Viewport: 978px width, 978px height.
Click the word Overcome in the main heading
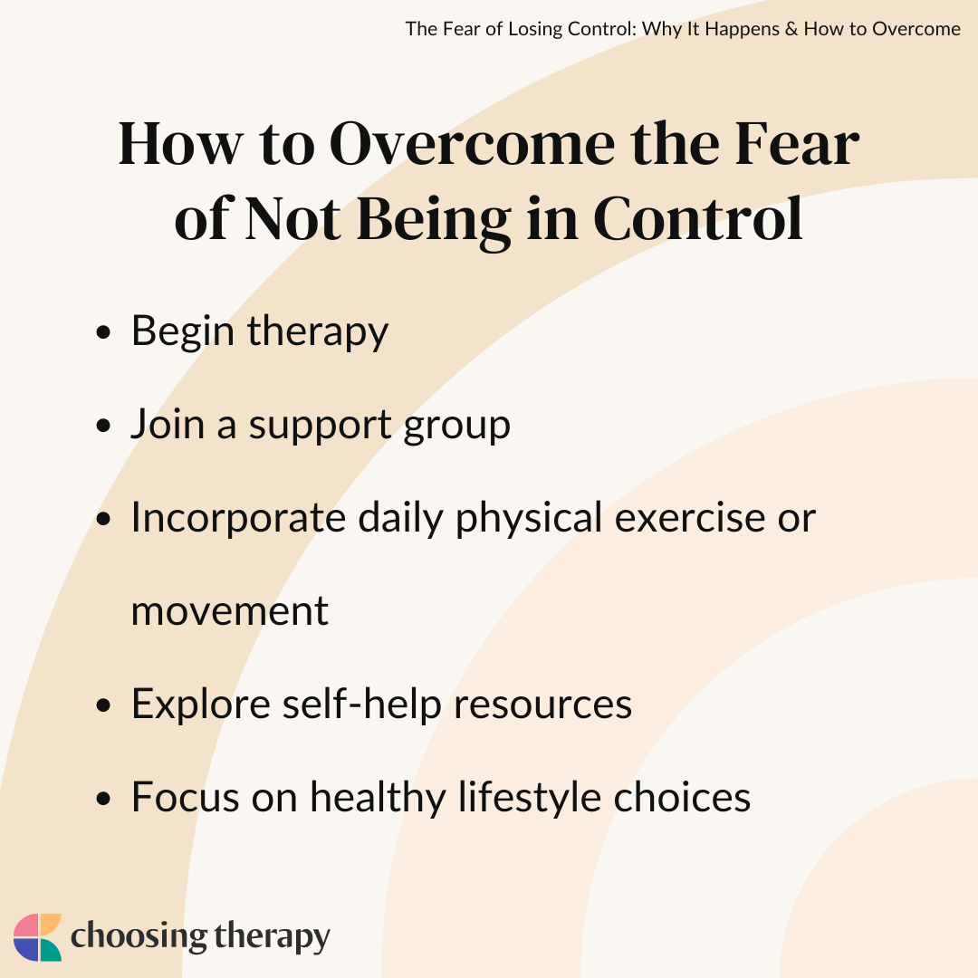(x=472, y=145)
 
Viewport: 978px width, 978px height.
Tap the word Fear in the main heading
(x=797, y=145)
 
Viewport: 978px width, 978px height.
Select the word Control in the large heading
(x=698, y=219)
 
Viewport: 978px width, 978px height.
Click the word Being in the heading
(x=434, y=222)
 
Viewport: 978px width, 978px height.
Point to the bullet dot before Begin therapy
(x=103, y=331)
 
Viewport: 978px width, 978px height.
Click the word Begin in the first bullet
(x=183, y=332)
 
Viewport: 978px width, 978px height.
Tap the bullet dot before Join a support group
(x=103, y=426)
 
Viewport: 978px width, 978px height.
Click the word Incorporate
(x=238, y=518)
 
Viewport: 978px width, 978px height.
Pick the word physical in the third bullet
(x=530, y=518)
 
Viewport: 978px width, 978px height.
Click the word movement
(x=229, y=612)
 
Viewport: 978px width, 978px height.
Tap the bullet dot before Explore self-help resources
(x=103, y=705)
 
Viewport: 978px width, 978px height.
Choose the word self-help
(x=362, y=705)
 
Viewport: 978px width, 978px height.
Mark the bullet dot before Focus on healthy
(x=103, y=799)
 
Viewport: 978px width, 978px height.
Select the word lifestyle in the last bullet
(x=530, y=799)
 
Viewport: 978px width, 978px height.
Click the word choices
(x=683, y=798)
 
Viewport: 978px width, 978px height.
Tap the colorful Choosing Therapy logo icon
(x=37, y=937)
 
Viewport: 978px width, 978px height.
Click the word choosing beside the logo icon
(x=139, y=937)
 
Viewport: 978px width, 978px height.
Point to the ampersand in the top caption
(x=791, y=29)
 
